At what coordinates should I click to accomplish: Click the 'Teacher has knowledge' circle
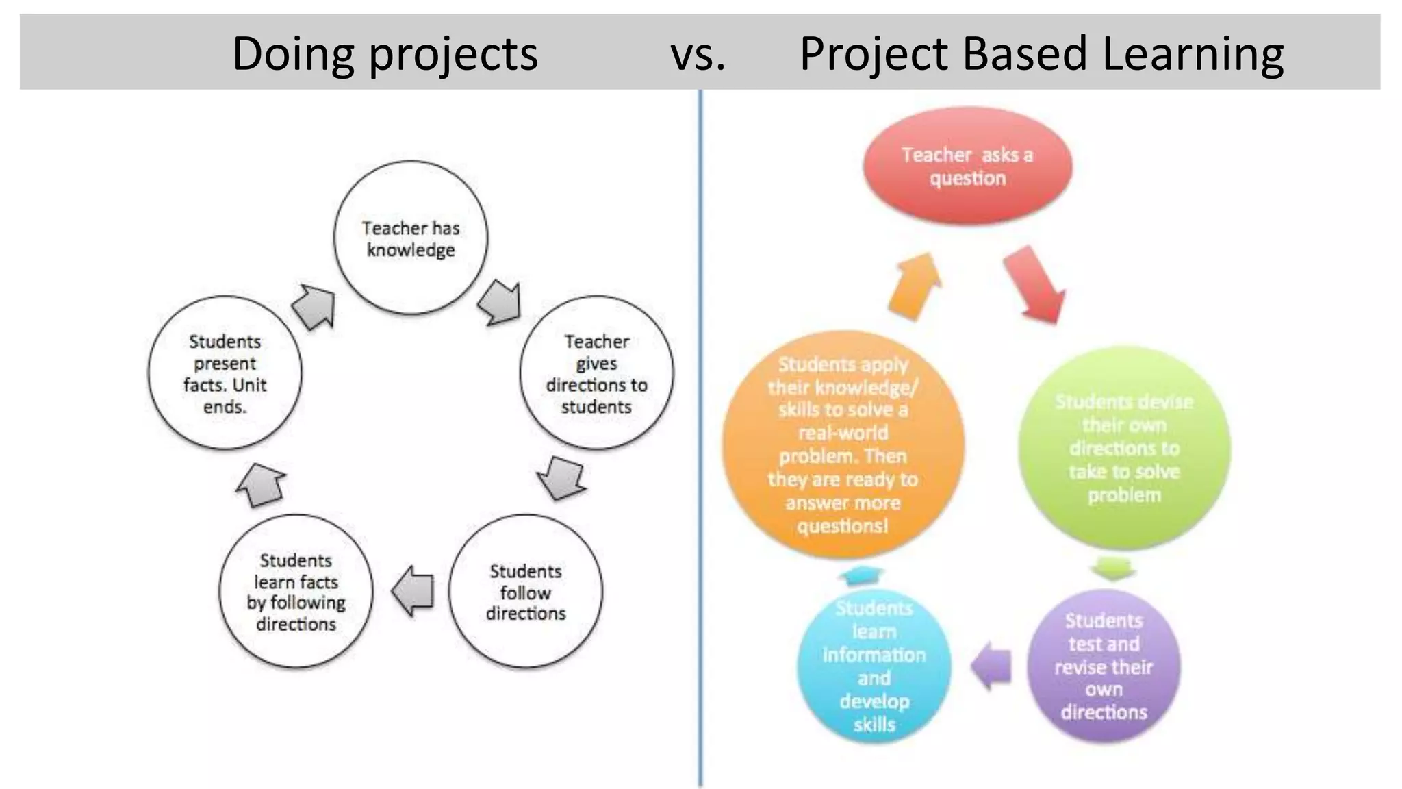(411, 238)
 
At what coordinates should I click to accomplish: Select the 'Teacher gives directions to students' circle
(596, 373)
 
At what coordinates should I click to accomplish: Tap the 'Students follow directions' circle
(526, 592)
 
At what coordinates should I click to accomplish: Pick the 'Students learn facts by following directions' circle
(296, 592)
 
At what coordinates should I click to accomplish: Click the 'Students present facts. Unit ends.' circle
(225, 373)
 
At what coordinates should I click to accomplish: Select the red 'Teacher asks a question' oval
(967, 166)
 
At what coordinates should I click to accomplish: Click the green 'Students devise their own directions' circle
(1123, 448)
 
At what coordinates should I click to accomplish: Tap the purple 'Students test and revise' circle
(1104, 666)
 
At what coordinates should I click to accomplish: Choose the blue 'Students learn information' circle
(874, 666)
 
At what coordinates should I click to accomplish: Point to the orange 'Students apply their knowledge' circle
(843, 444)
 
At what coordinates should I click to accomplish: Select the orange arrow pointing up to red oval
(915, 286)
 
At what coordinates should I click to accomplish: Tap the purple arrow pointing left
(991, 665)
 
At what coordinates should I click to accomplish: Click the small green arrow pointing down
(1112, 568)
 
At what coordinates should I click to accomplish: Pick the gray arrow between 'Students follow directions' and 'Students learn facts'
(413, 590)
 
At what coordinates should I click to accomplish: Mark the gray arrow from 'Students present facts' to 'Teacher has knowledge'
(315, 306)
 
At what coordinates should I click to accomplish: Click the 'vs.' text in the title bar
(698, 53)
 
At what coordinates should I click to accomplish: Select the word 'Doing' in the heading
(293, 53)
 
